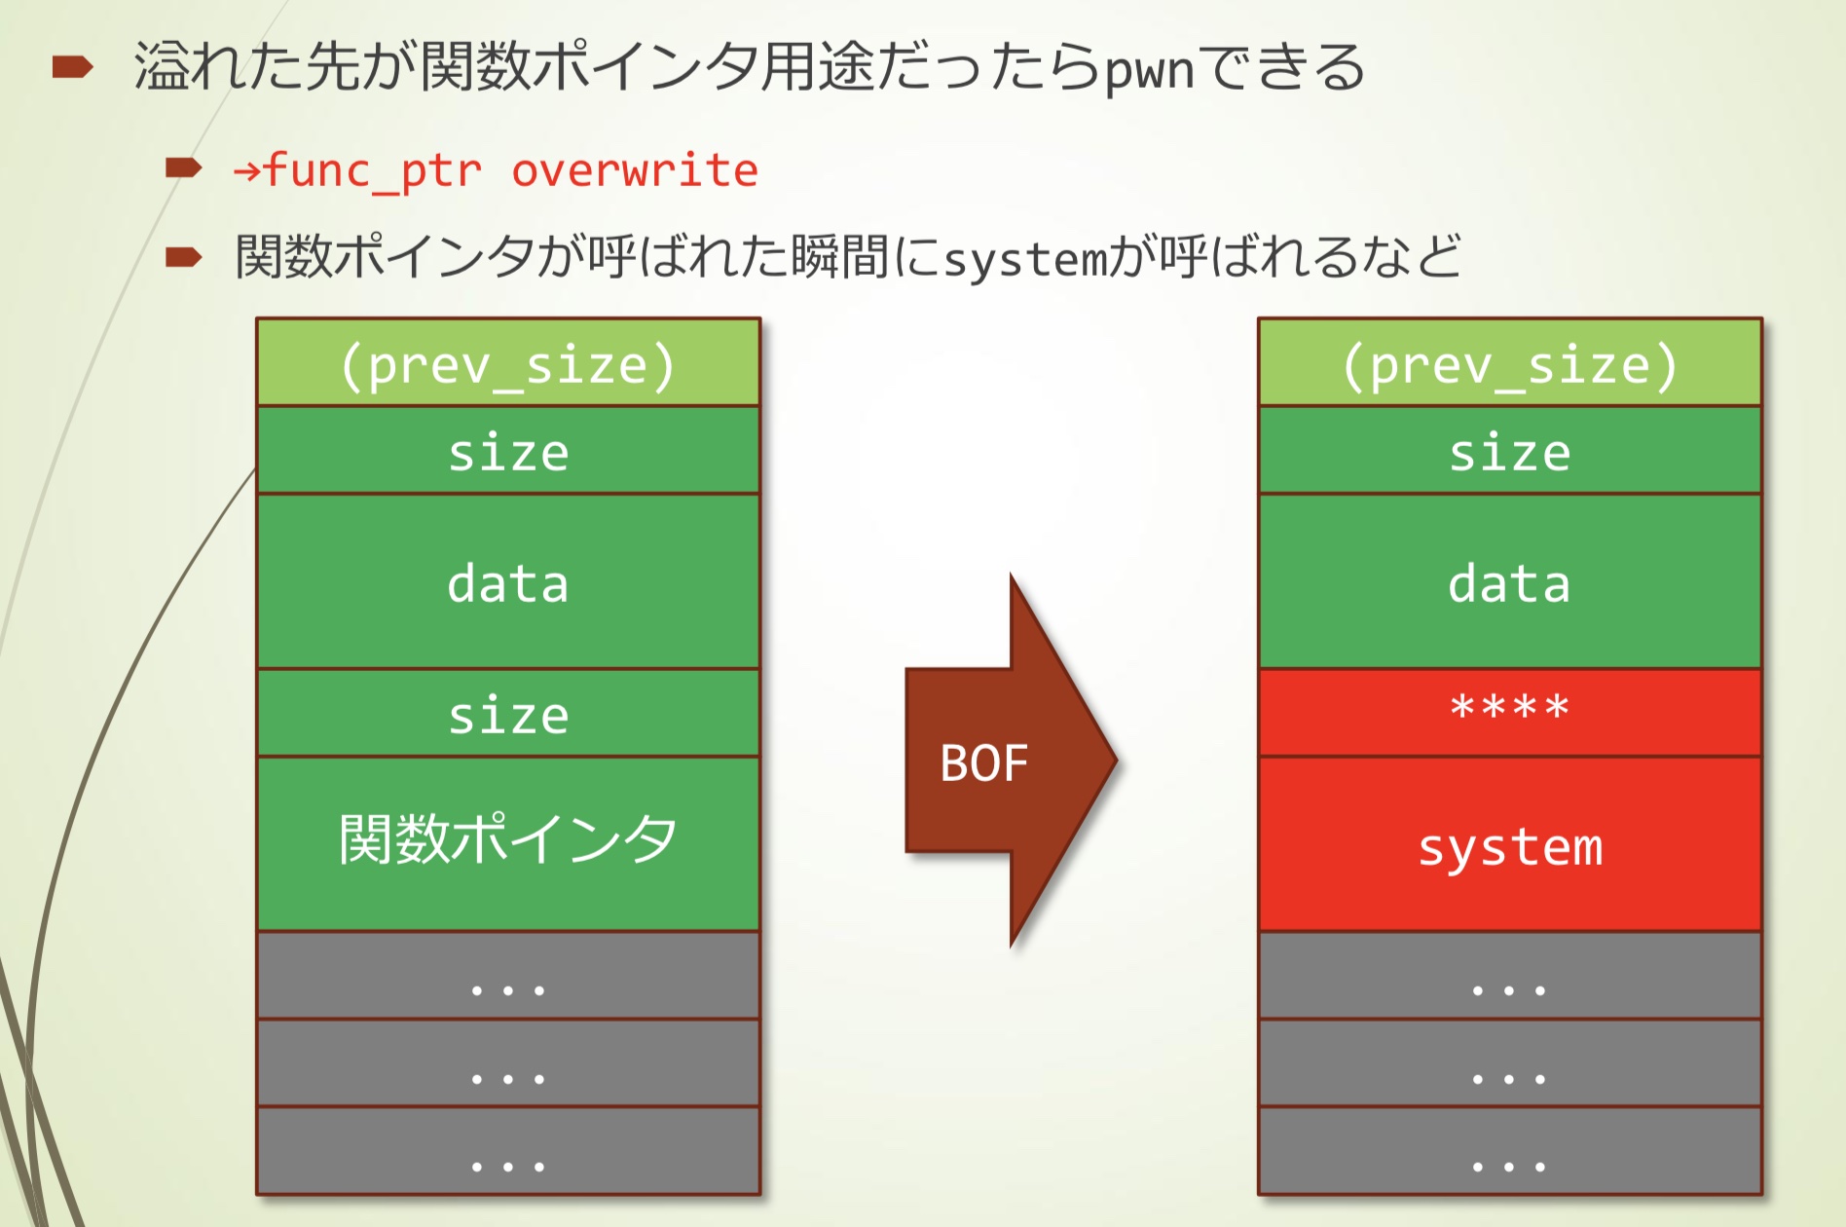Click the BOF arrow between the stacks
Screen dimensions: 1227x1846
(1003, 762)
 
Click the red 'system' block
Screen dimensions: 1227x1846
(1509, 844)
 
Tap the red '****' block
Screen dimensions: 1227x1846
(1509, 712)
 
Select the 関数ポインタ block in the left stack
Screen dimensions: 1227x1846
(507, 842)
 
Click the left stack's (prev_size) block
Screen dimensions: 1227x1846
(507, 363)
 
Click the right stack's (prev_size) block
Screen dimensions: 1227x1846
(1509, 363)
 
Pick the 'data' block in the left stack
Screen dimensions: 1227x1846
(507, 581)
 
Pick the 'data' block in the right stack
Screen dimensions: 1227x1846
(1509, 581)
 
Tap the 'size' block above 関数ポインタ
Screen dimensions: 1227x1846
(507, 714)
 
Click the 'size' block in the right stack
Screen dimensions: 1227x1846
(1509, 451)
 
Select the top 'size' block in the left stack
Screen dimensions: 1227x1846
(507, 451)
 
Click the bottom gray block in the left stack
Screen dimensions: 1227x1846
(507, 1151)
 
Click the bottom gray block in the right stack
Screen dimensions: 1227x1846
(1509, 1151)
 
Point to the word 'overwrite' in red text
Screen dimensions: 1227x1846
(635, 170)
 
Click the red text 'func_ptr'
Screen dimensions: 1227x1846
(372, 170)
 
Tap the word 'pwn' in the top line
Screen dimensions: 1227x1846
(1149, 70)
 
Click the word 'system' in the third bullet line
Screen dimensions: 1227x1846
(1025, 259)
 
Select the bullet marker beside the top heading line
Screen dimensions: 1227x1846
(72, 67)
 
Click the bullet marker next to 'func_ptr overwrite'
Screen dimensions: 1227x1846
(183, 168)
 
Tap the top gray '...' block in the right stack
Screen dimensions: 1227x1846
(1509, 976)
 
